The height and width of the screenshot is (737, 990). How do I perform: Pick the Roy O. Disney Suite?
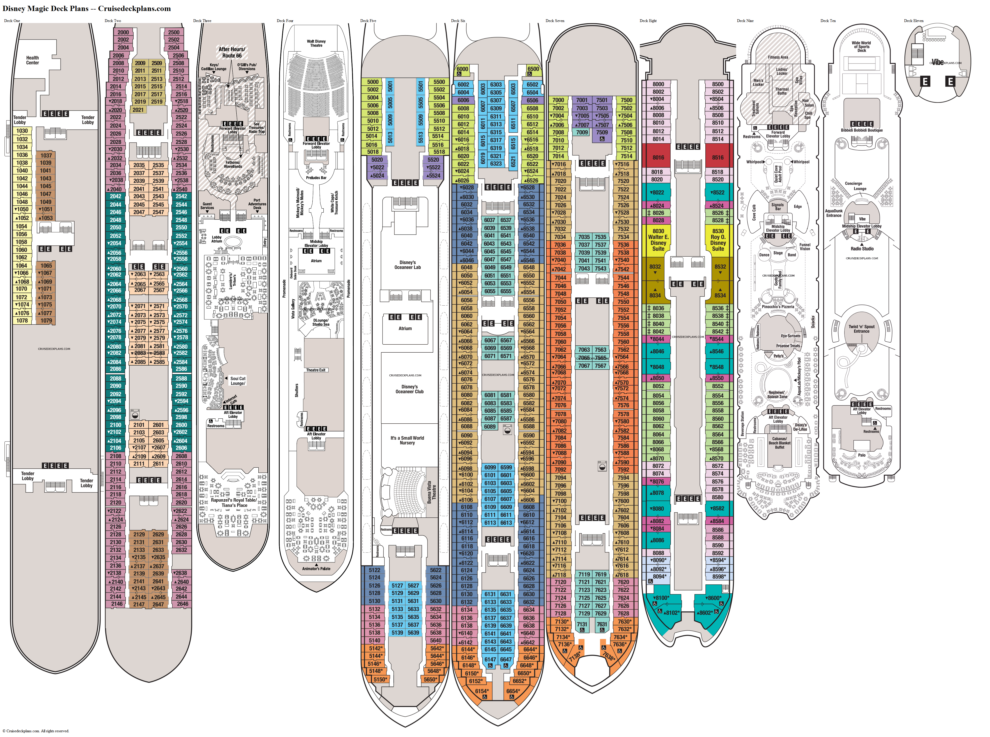pos(718,240)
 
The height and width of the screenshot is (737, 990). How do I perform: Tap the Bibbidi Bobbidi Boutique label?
pos(861,130)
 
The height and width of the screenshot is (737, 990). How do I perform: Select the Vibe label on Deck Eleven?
pos(937,63)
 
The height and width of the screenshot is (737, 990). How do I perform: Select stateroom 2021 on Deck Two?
pos(138,110)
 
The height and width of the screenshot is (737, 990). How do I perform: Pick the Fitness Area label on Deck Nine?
pos(778,57)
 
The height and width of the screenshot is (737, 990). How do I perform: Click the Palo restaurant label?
pos(861,455)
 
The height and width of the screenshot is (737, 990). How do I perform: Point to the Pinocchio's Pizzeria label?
pos(778,307)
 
